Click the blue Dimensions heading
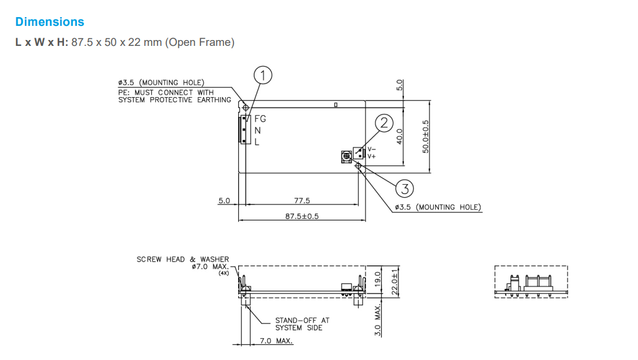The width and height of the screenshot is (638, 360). tap(50, 22)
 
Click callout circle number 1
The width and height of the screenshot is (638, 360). tap(263, 75)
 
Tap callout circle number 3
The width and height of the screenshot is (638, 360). tap(405, 188)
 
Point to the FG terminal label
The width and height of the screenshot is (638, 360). tap(260, 119)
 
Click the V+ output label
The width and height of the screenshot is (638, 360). tap(372, 156)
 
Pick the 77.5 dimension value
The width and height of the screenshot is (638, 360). tap(302, 201)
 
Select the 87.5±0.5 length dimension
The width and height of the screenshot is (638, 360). tap(302, 216)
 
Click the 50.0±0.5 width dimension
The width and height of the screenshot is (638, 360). tap(426, 136)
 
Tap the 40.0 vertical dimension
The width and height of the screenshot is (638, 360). tap(400, 136)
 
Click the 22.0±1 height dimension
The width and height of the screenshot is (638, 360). tap(395, 282)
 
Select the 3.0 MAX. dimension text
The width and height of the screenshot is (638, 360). tap(379, 320)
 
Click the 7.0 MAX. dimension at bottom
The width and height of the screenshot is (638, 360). tap(276, 341)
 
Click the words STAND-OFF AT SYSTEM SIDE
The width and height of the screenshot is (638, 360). tap(302, 324)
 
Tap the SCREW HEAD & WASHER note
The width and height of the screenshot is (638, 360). tap(183, 259)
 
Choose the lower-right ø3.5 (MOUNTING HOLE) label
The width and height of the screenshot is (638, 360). tap(437, 207)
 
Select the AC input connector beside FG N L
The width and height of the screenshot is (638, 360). tap(243, 129)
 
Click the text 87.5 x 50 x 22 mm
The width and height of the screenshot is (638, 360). tap(116, 42)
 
